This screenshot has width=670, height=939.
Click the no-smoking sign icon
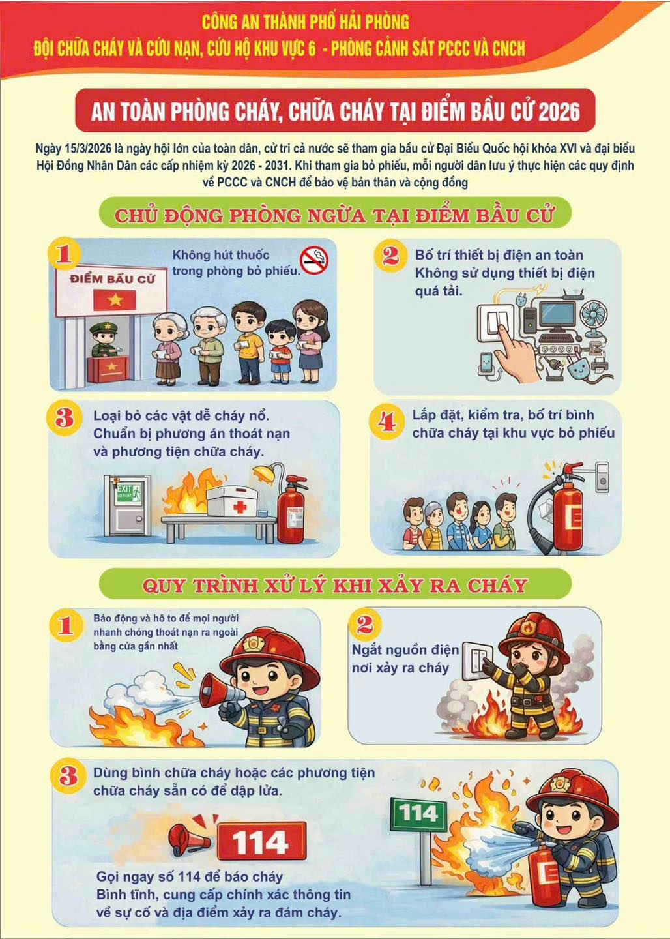pos(314,261)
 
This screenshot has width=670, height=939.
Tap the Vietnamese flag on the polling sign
pos(115,300)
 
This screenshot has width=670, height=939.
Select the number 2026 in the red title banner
pos(559,111)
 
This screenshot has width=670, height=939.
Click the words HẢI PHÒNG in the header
pos(369,22)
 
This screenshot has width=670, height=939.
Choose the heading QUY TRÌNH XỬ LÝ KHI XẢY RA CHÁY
pos(334,586)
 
